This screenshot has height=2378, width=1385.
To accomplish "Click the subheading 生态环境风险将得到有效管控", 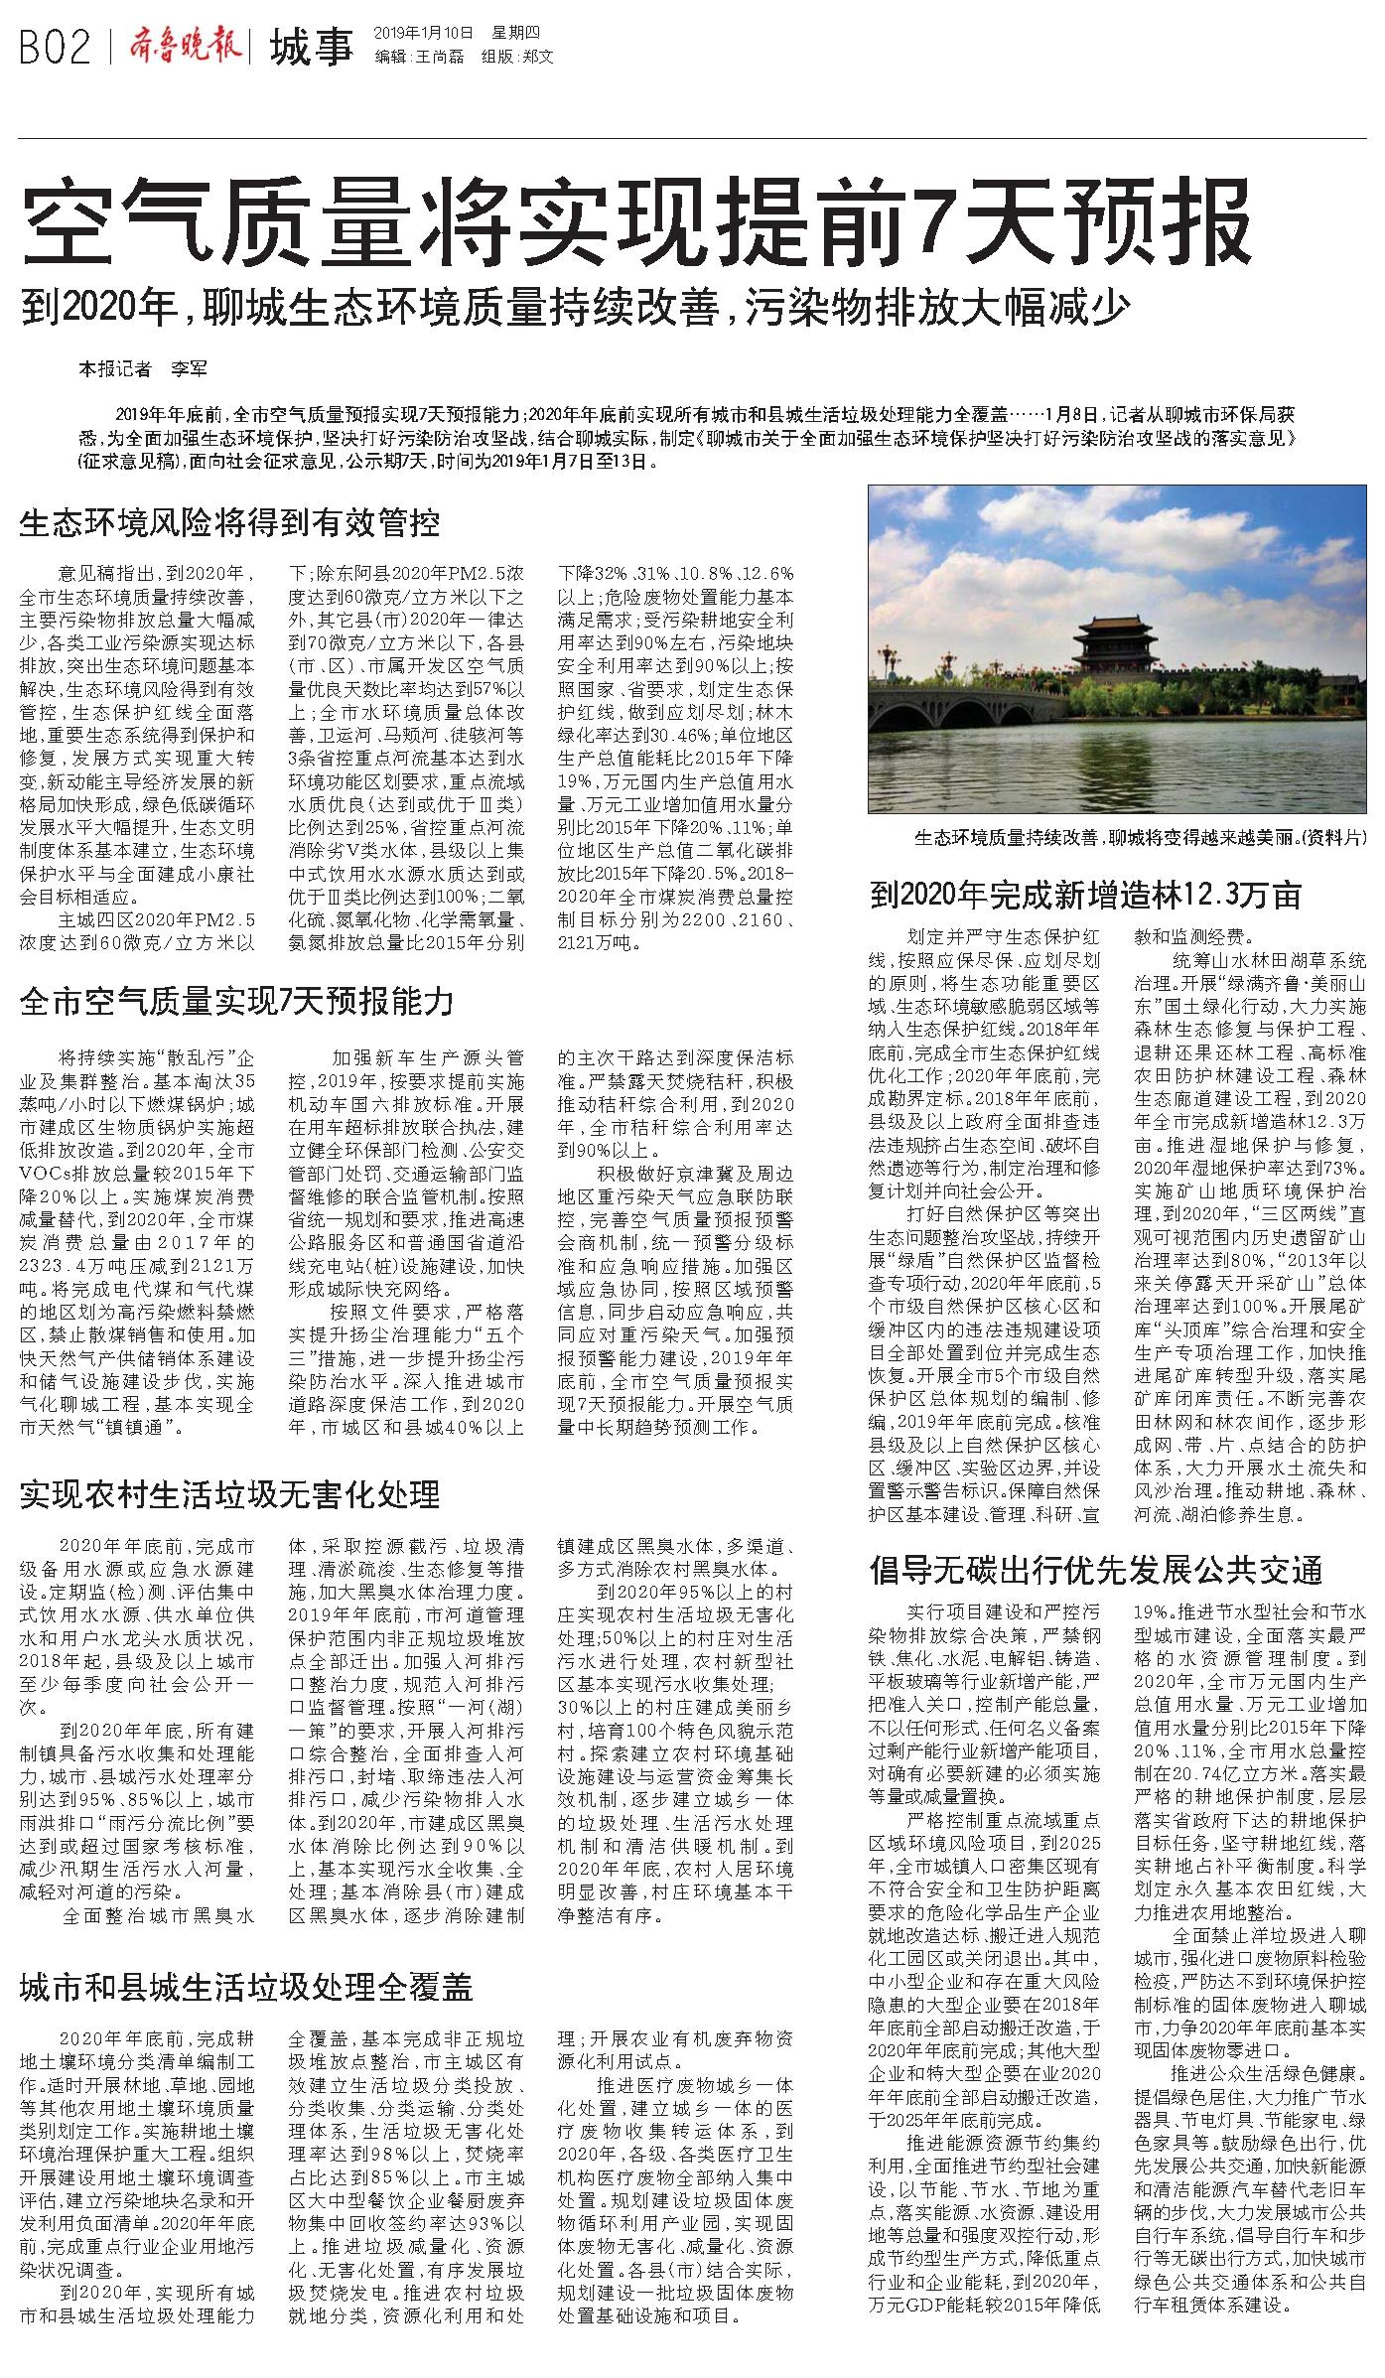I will (229, 522).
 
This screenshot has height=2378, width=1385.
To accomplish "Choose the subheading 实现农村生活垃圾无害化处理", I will (229, 1493).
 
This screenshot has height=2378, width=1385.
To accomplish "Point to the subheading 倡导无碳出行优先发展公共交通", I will (1096, 1570).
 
